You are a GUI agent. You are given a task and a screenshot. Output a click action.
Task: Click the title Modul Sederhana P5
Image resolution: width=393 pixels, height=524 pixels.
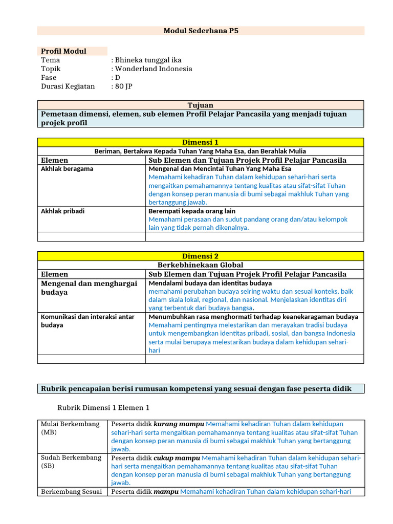pyautogui.click(x=201, y=31)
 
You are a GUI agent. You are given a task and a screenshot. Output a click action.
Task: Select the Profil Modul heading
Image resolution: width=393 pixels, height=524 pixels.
pyautogui.click(x=63, y=51)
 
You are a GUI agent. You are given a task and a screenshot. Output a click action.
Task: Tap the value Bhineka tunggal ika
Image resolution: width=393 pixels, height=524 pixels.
pyautogui.click(x=148, y=60)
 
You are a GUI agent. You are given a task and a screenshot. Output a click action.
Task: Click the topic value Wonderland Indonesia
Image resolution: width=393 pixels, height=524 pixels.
pyautogui.click(x=153, y=69)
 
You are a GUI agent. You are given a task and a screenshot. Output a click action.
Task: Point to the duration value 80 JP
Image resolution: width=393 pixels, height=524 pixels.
pyautogui.click(x=123, y=86)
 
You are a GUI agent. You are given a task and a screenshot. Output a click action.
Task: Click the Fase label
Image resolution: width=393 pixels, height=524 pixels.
pyautogui.click(x=49, y=77)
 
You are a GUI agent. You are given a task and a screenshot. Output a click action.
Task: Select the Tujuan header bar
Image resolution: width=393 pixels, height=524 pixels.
pyautogui.click(x=201, y=105)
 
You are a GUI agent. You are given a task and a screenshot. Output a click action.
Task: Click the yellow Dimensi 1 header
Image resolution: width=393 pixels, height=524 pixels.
pyautogui.click(x=201, y=142)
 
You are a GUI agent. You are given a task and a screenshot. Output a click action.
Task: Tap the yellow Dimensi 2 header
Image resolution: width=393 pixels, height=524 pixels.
pyautogui.click(x=201, y=256)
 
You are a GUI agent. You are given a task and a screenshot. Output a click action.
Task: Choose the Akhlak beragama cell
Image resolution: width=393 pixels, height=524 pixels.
pyautogui.click(x=67, y=168)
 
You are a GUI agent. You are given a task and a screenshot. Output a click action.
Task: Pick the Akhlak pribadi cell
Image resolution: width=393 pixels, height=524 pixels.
pyautogui.click(x=63, y=211)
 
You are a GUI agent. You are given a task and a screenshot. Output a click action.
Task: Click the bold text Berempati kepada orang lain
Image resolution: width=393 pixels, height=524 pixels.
pyautogui.click(x=192, y=211)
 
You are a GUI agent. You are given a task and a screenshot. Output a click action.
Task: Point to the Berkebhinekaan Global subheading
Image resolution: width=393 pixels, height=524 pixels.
pyautogui.click(x=201, y=265)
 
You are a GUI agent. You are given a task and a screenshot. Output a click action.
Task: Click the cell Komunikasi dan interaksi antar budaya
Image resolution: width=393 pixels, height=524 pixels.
pyautogui.click(x=87, y=321)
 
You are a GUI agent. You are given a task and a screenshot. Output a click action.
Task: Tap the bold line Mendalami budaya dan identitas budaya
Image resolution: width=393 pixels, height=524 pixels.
pyautogui.click(x=210, y=283)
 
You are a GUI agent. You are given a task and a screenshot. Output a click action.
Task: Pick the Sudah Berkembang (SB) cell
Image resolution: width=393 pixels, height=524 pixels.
pyautogui.click(x=71, y=462)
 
